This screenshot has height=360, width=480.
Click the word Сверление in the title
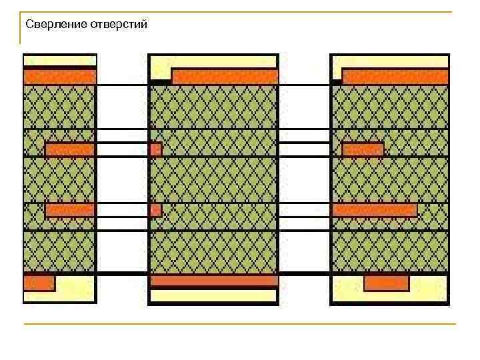(53, 25)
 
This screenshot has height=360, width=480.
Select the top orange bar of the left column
(60, 77)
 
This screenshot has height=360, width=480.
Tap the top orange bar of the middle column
(225, 76)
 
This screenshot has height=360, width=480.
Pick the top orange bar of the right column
(395, 76)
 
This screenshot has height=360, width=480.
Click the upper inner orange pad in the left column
(69, 149)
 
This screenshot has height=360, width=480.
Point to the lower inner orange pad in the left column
(69, 210)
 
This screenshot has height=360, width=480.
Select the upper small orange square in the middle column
(155, 149)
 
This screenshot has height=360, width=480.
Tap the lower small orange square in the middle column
(155, 210)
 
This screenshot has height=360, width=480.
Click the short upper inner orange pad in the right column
(363, 149)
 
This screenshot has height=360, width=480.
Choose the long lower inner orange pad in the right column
(375, 210)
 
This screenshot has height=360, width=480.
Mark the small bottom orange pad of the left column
(39, 283)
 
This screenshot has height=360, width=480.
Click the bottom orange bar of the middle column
(214, 281)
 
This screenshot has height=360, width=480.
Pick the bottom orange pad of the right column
(386, 283)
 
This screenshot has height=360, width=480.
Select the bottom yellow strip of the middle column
(214, 295)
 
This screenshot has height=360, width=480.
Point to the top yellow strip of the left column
(60, 61)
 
